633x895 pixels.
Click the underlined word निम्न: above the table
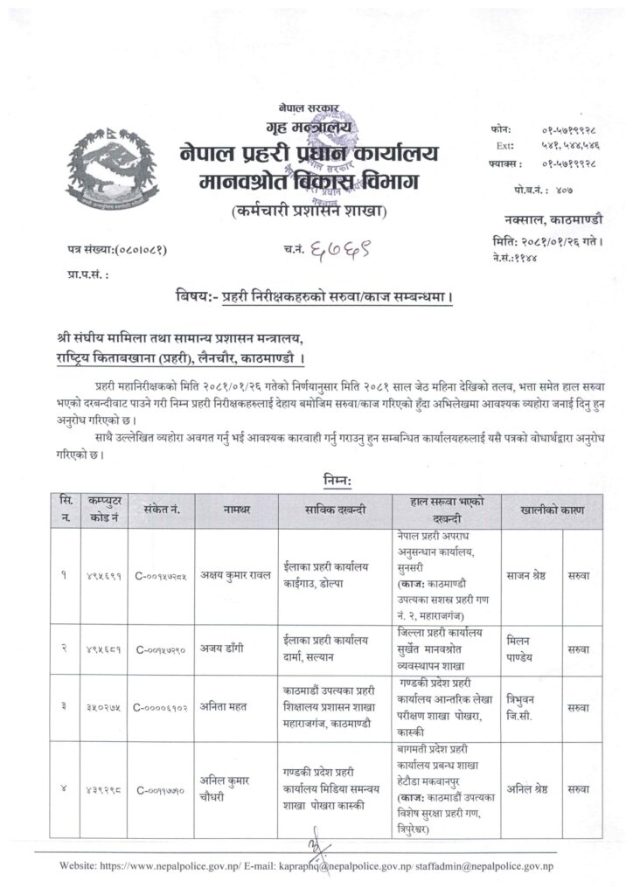(x=333, y=482)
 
